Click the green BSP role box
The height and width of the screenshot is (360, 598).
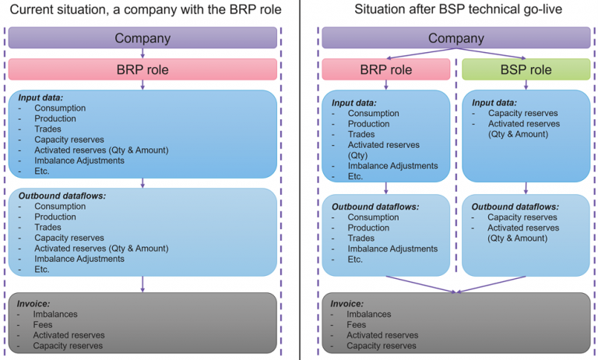tap(526, 69)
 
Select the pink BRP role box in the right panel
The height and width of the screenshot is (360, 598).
tap(385, 69)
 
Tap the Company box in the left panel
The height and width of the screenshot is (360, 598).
tap(142, 38)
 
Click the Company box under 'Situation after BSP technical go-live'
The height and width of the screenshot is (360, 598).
tap(456, 38)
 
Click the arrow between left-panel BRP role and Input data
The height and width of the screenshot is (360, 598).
tap(142, 85)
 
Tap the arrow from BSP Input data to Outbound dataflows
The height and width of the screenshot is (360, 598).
tap(526, 188)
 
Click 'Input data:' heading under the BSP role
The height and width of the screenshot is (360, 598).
tap(496, 102)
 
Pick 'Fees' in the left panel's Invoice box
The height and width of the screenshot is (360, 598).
tap(43, 323)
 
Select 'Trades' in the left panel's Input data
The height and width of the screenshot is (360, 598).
tap(48, 129)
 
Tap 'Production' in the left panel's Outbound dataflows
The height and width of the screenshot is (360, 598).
tap(55, 217)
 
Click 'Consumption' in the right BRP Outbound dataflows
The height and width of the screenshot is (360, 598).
tap(373, 217)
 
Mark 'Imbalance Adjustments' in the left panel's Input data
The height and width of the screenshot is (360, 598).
tap(79, 160)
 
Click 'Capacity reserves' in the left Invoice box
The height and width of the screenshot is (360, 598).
tap(68, 345)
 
